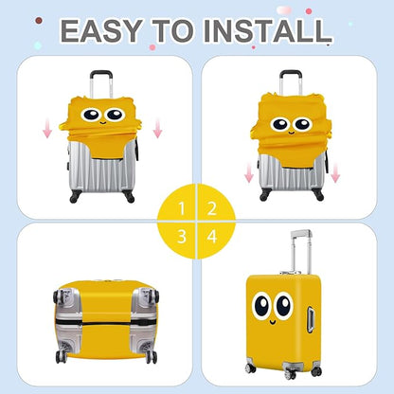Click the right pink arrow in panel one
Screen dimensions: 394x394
point(157,126)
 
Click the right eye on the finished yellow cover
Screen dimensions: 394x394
point(284,305)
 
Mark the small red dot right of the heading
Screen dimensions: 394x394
point(308,11)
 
